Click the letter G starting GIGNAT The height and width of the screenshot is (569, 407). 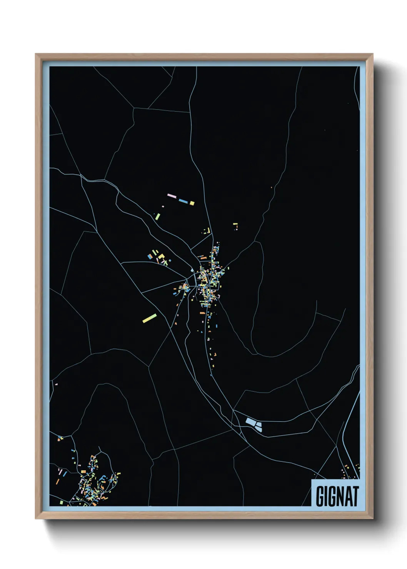tap(320, 496)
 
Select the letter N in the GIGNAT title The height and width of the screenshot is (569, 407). tap(337, 496)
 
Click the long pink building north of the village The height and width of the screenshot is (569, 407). tap(172, 196)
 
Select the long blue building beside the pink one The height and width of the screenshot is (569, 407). tap(183, 201)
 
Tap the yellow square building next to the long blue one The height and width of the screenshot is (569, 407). tap(192, 203)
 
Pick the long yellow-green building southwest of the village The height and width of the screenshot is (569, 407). tap(149, 318)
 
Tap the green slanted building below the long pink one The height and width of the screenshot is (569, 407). tap(157, 216)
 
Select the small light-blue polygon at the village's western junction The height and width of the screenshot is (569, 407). tap(192, 270)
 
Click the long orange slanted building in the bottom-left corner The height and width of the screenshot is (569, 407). tap(58, 481)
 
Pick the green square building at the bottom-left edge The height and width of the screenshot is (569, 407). tap(61, 502)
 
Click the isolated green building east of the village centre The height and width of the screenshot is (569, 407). tap(228, 268)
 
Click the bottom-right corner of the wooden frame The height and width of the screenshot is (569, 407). tap(372, 518)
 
